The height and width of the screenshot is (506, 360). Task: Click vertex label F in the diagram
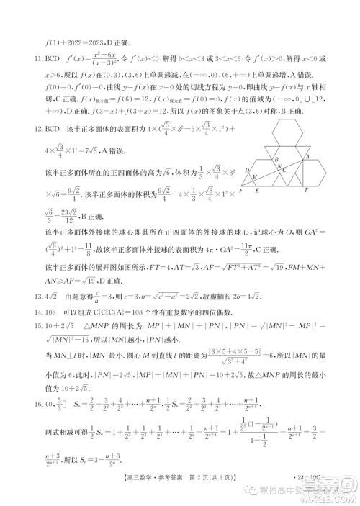[x=240, y=191]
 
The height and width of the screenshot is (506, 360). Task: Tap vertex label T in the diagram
[x=306, y=191]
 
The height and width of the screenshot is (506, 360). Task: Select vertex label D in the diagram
[x=247, y=171]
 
